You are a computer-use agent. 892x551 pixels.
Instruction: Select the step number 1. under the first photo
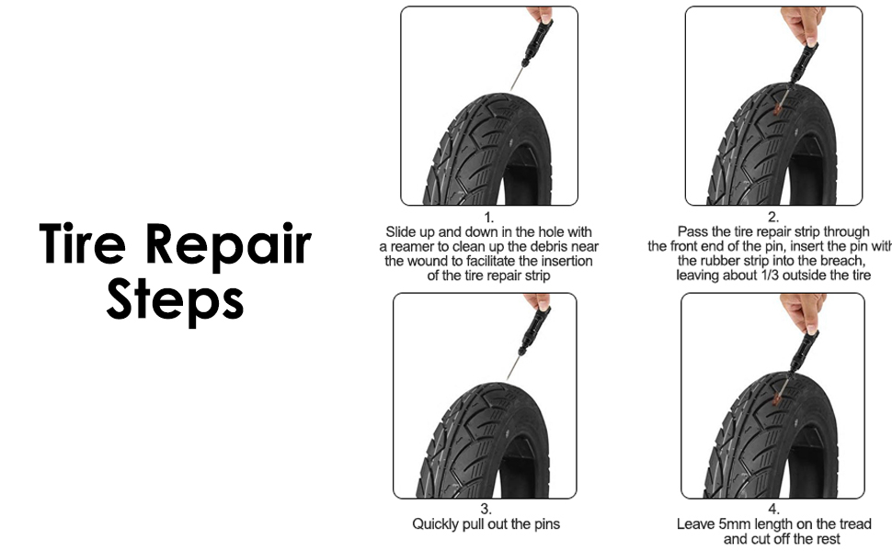488,218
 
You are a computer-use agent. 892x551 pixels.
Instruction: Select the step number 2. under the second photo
773,218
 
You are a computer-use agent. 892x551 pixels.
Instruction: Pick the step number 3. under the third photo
486,510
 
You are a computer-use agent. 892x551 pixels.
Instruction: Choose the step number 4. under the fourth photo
773,510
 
